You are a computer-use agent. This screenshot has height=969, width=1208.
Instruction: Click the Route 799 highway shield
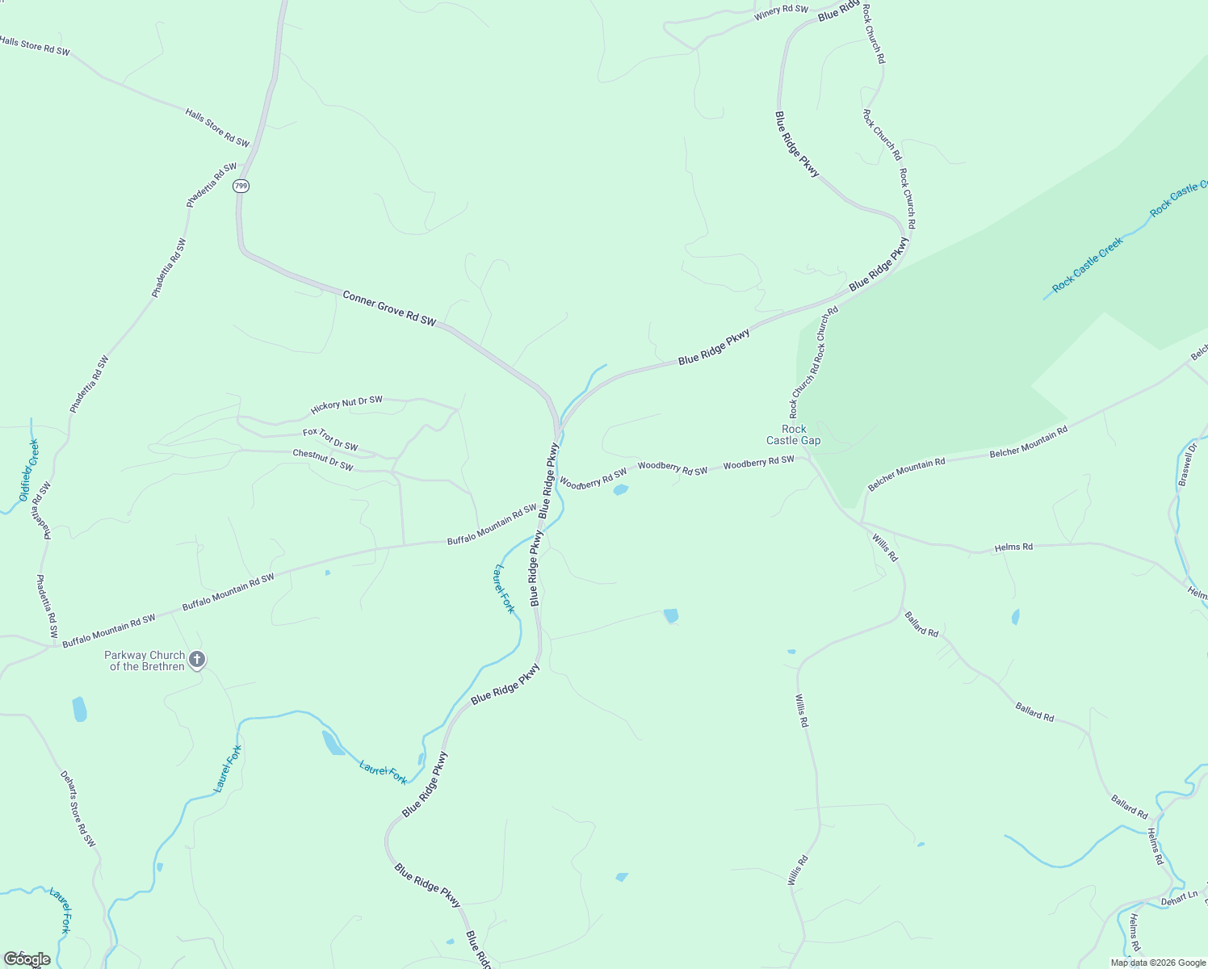coord(241,187)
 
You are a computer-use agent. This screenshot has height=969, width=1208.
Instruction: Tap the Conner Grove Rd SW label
coord(389,309)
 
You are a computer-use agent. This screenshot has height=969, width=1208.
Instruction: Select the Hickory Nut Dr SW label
coord(346,405)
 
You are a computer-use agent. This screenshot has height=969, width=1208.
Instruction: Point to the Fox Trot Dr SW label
coord(330,440)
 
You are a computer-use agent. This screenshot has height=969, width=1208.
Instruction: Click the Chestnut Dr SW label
coord(322,460)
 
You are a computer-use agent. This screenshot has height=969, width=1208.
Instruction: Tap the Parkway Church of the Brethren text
coord(145,661)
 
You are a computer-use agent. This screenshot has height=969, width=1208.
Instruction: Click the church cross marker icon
coord(196,661)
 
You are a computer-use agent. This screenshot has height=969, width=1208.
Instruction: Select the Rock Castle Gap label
coord(793,435)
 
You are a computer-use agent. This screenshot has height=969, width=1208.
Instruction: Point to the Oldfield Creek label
coord(29,471)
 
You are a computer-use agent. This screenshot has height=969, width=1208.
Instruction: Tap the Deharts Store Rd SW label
coord(78,809)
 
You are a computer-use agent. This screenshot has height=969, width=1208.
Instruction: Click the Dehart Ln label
coord(1179,899)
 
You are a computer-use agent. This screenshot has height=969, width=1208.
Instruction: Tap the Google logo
coord(27,959)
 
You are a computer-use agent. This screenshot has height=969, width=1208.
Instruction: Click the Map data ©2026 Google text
coord(1158,963)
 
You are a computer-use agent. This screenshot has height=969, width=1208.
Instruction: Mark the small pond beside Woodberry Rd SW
coord(620,489)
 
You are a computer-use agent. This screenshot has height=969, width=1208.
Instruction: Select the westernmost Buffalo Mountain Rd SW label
coord(108,631)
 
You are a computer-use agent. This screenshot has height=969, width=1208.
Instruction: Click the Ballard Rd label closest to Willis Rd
coord(921,624)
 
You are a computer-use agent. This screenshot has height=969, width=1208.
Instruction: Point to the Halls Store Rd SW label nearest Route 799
coord(217,128)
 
